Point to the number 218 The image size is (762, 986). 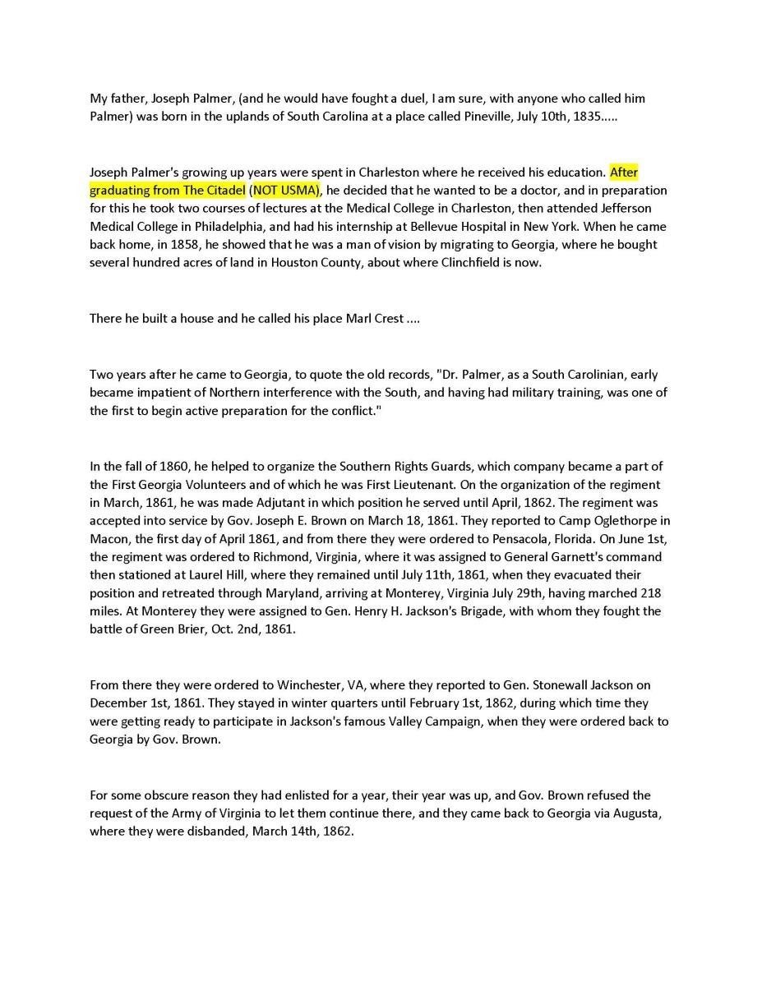click(x=649, y=593)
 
